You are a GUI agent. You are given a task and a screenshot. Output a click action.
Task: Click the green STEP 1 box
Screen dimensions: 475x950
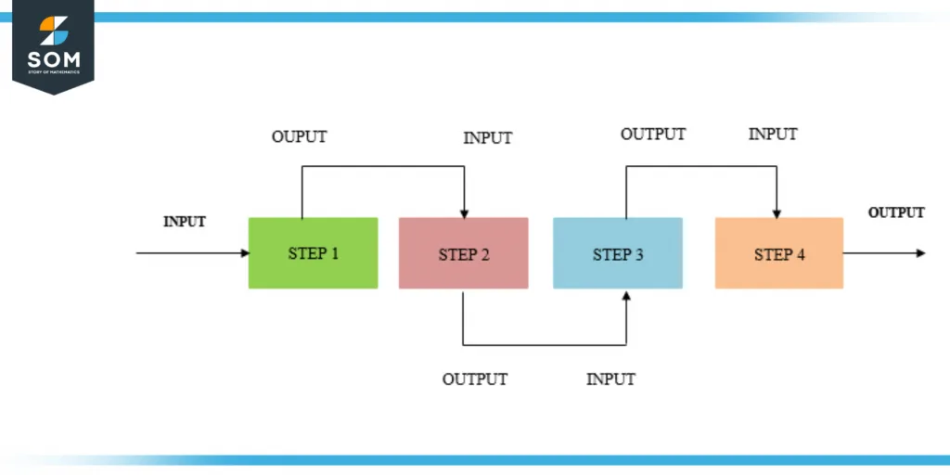tap(313, 252)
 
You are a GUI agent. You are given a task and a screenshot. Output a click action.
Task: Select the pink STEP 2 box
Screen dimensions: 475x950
tap(463, 253)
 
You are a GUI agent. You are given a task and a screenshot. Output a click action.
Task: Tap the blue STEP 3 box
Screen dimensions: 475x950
tap(617, 252)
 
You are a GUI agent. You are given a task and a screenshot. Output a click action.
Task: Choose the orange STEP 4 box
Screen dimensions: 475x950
tap(778, 252)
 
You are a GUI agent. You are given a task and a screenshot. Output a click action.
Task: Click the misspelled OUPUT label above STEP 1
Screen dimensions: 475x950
tap(299, 137)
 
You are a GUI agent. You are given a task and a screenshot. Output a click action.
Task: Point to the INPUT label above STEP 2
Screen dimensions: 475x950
tap(487, 138)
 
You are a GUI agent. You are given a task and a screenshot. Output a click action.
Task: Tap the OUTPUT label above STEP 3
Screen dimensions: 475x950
tap(653, 135)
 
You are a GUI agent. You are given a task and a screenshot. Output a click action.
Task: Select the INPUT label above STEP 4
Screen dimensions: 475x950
tap(773, 135)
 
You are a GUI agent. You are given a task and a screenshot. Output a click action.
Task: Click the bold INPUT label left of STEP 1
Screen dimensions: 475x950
tap(185, 222)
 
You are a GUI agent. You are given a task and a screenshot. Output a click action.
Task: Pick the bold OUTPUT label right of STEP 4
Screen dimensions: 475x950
tap(896, 212)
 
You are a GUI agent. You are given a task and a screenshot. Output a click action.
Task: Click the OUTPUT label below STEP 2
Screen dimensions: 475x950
tap(474, 379)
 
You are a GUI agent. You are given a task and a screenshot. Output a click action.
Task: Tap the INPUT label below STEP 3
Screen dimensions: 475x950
tap(610, 379)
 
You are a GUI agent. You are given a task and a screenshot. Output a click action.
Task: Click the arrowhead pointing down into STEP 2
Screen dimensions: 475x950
tap(464, 212)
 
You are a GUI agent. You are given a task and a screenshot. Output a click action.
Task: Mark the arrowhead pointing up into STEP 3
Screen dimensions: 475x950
tap(626, 295)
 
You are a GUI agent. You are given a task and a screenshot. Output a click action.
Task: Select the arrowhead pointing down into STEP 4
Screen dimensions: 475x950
tap(777, 212)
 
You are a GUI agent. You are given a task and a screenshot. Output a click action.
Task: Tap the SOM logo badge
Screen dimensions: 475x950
tap(54, 45)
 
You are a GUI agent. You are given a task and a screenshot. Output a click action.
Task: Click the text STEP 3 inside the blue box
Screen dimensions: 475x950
tap(618, 254)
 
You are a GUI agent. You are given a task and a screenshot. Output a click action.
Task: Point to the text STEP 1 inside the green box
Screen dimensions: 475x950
tap(314, 253)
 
